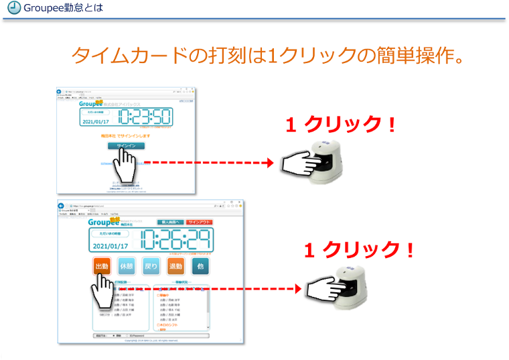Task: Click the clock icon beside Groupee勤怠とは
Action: pyautogui.click(x=11, y=8)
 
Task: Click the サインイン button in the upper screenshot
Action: pyautogui.click(x=125, y=145)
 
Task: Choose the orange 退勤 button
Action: pyautogui.click(x=175, y=267)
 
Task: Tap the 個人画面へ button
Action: pyautogui.click(x=169, y=223)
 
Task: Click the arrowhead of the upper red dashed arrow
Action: pyautogui.click(x=270, y=163)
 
